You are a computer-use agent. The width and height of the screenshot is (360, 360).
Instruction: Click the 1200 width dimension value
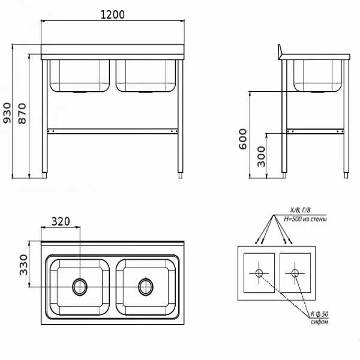point(113,14)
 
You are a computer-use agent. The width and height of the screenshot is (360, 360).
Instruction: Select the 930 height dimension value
point(7,113)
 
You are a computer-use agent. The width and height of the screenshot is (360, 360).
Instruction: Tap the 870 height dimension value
point(22,113)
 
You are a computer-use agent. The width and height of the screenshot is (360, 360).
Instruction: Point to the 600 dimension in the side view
point(242,139)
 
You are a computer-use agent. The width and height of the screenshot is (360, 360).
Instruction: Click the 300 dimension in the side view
point(261,157)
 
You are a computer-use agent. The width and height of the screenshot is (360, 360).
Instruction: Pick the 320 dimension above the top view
point(61,221)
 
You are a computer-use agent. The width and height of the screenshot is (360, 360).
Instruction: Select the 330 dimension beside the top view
point(23,265)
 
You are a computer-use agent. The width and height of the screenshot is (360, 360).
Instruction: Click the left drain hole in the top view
point(80,287)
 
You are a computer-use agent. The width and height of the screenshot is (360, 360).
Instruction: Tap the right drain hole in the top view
point(146,287)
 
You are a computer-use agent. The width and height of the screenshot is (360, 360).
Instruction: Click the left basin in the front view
point(80,76)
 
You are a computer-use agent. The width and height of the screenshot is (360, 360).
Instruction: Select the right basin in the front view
point(146,76)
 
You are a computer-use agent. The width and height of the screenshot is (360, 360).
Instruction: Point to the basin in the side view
point(318,76)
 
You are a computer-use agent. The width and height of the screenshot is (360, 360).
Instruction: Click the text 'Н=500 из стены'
point(305,219)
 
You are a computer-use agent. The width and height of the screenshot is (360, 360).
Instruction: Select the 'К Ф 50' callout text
point(319,314)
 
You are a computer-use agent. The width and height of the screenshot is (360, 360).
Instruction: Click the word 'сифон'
point(319,322)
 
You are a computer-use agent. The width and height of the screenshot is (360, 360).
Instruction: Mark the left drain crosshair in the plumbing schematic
point(259,273)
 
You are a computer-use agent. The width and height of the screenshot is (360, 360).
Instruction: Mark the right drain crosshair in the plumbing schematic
point(295,273)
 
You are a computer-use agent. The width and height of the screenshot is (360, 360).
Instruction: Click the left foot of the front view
point(45,175)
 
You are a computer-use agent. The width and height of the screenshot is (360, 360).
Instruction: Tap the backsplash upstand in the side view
point(280,50)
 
